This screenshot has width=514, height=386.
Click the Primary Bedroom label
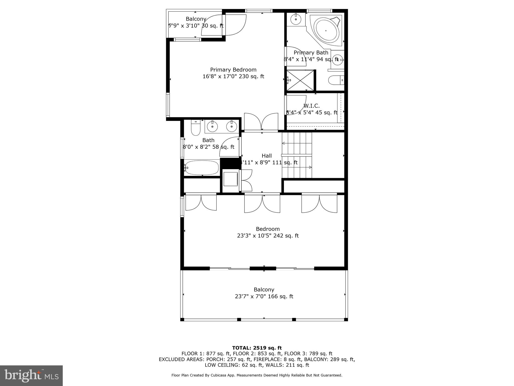(233, 70)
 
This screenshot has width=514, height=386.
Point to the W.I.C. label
(311, 106)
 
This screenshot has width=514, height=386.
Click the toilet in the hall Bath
(196, 128)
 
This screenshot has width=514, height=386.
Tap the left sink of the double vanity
(213, 126)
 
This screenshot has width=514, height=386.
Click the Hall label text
(267, 156)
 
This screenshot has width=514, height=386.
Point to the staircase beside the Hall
(297, 155)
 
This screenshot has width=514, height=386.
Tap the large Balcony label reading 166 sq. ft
(264, 293)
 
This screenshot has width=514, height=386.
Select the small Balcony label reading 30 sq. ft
(196, 22)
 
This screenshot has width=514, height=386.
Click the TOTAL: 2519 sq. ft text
(257, 348)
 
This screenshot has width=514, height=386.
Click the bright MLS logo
(31, 375)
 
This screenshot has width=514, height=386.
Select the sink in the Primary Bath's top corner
(296, 19)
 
